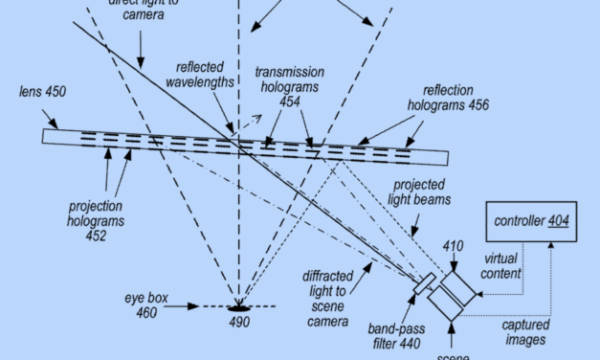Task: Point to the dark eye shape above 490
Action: tap(238, 307)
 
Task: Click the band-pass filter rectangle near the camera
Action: tap(425, 284)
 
